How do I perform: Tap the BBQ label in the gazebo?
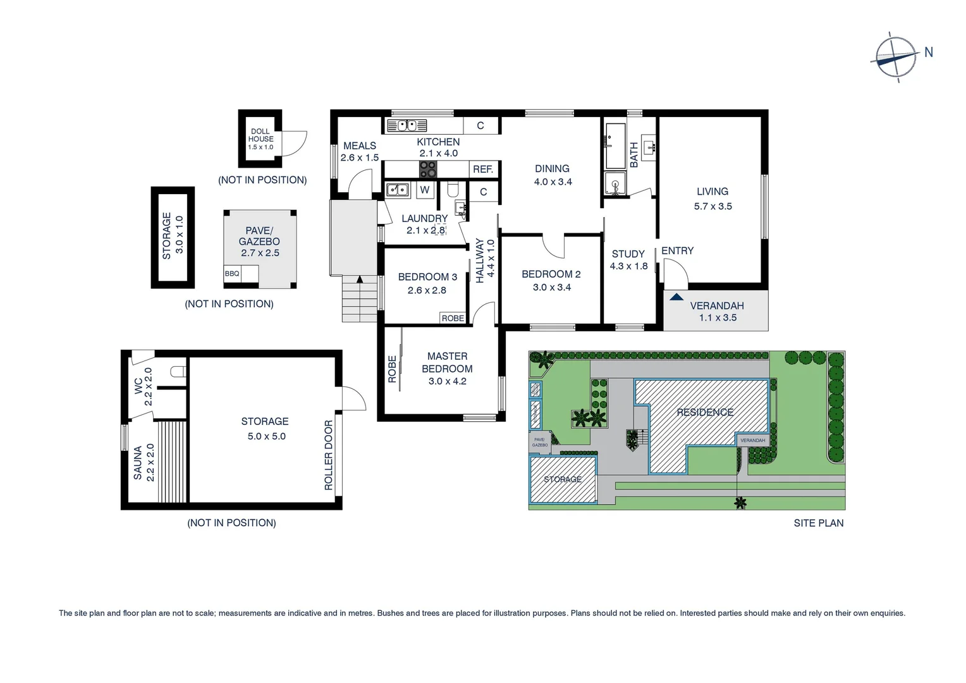pos(232,274)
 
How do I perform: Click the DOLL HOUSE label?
pos(260,135)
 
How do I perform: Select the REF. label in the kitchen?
pos(483,169)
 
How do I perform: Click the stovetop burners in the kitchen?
pos(428,169)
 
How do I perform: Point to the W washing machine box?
pos(425,190)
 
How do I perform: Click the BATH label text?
pos(633,155)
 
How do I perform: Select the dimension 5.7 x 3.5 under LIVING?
pos(712,206)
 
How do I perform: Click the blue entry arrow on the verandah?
pos(676,296)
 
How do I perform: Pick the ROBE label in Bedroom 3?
pos(453,318)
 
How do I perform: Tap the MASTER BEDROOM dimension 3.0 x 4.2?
pos(447,381)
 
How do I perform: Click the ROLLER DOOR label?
pos(328,455)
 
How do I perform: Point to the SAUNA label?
pos(138,463)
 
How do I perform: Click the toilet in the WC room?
pos(178,372)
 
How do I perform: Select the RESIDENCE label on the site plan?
pos(705,412)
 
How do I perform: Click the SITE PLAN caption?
pos(818,523)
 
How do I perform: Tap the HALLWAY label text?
pos(480,261)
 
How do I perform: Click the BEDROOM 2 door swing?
pos(554,247)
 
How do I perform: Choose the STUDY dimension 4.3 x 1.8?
pos(628,266)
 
